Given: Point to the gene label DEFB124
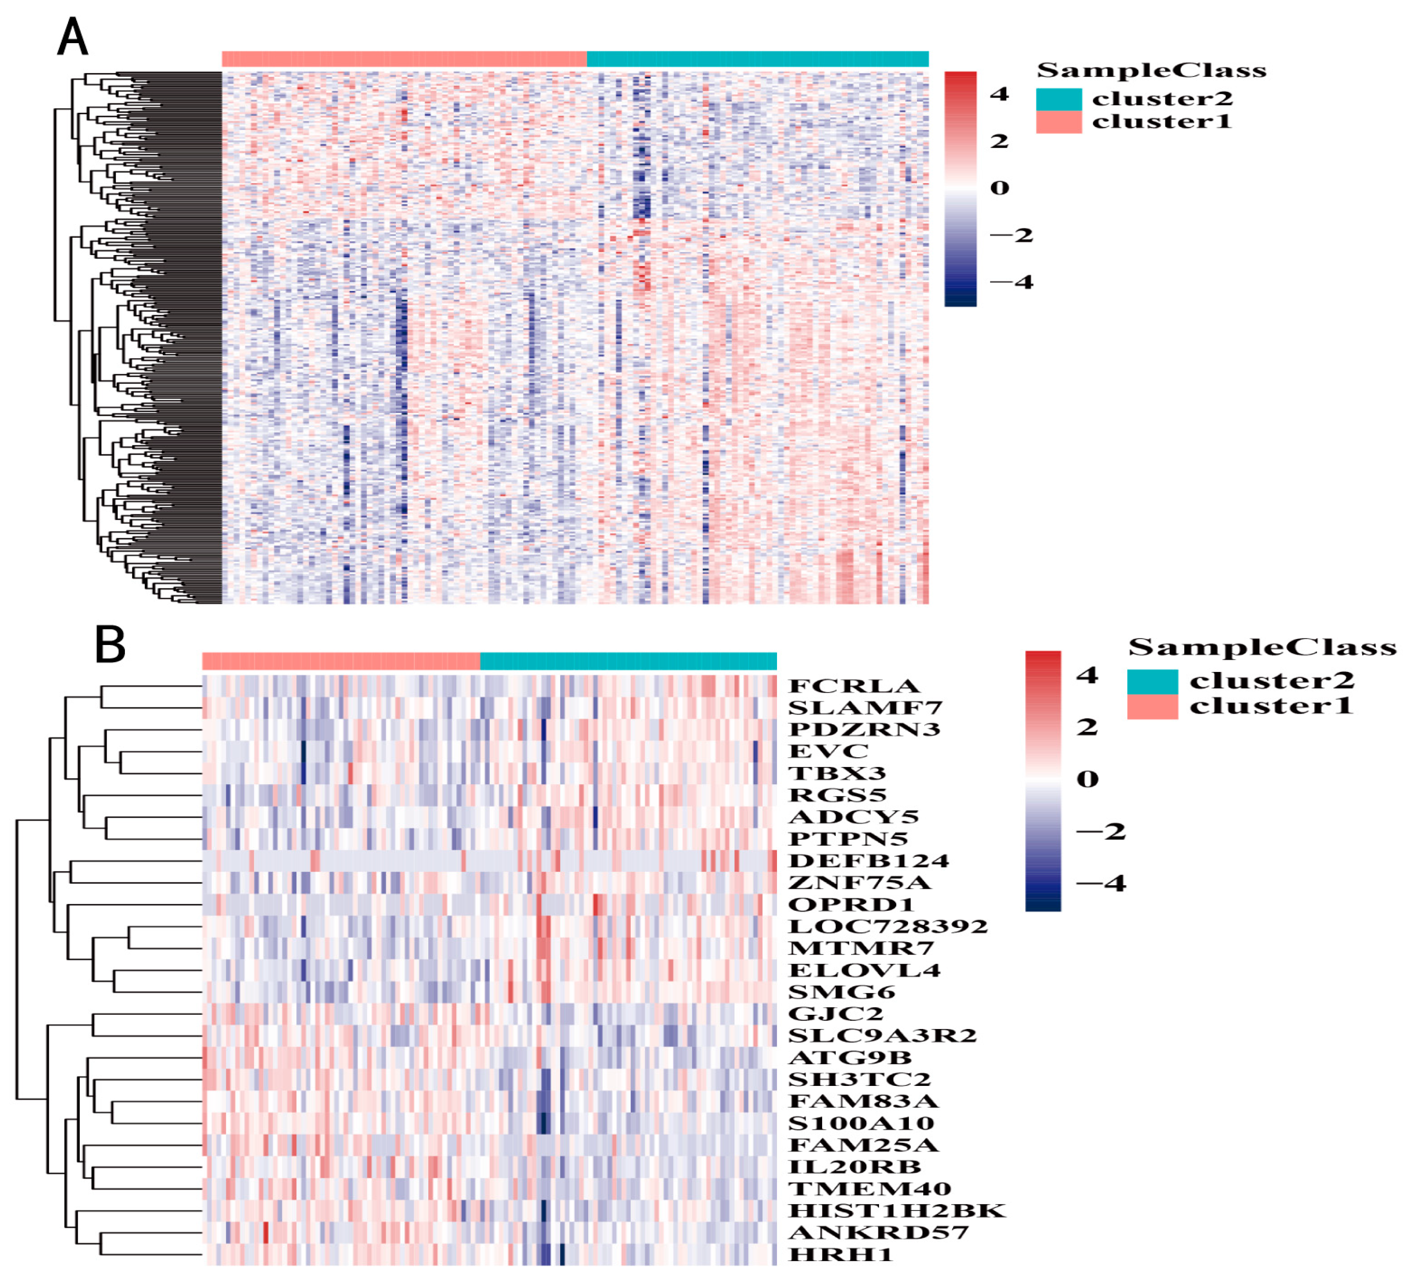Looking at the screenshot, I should coord(868,860).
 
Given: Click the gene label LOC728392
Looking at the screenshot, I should coord(888,926).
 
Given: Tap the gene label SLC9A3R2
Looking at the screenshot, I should coord(882,1035).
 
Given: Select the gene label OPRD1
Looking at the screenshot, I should coord(851,905).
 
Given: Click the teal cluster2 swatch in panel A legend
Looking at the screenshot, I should coord(1059,99).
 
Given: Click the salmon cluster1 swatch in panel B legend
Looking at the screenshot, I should coord(1152,707).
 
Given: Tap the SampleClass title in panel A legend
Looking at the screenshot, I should coord(1151,70).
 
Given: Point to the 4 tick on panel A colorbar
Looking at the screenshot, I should coord(999,93).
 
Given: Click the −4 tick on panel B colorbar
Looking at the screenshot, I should coord(1101,883).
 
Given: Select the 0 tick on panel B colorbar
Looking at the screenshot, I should coord(1087,779).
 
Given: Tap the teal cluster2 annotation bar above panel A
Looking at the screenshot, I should coord(757,59).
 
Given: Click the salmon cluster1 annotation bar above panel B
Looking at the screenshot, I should coord(341,661).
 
